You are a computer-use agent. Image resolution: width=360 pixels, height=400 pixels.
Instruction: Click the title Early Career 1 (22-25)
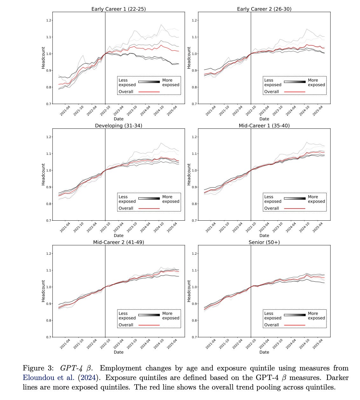point(118,9)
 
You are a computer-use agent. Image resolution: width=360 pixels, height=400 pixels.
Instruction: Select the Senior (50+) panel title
point(264,242)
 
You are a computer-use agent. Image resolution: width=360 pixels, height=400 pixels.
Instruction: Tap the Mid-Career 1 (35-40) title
point(264,126)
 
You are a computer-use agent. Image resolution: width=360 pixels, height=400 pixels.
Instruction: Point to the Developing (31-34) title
point(118,126)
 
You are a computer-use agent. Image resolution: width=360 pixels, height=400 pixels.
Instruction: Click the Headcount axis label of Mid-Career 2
point(43,291)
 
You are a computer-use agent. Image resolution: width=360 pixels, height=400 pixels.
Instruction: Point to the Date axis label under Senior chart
point(264,352)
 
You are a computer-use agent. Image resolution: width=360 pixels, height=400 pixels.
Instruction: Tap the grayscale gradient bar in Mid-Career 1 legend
point(294,198)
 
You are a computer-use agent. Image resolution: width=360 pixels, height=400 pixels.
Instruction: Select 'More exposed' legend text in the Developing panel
point(171,199)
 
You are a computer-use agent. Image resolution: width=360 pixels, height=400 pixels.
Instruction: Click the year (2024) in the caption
point(88,378)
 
